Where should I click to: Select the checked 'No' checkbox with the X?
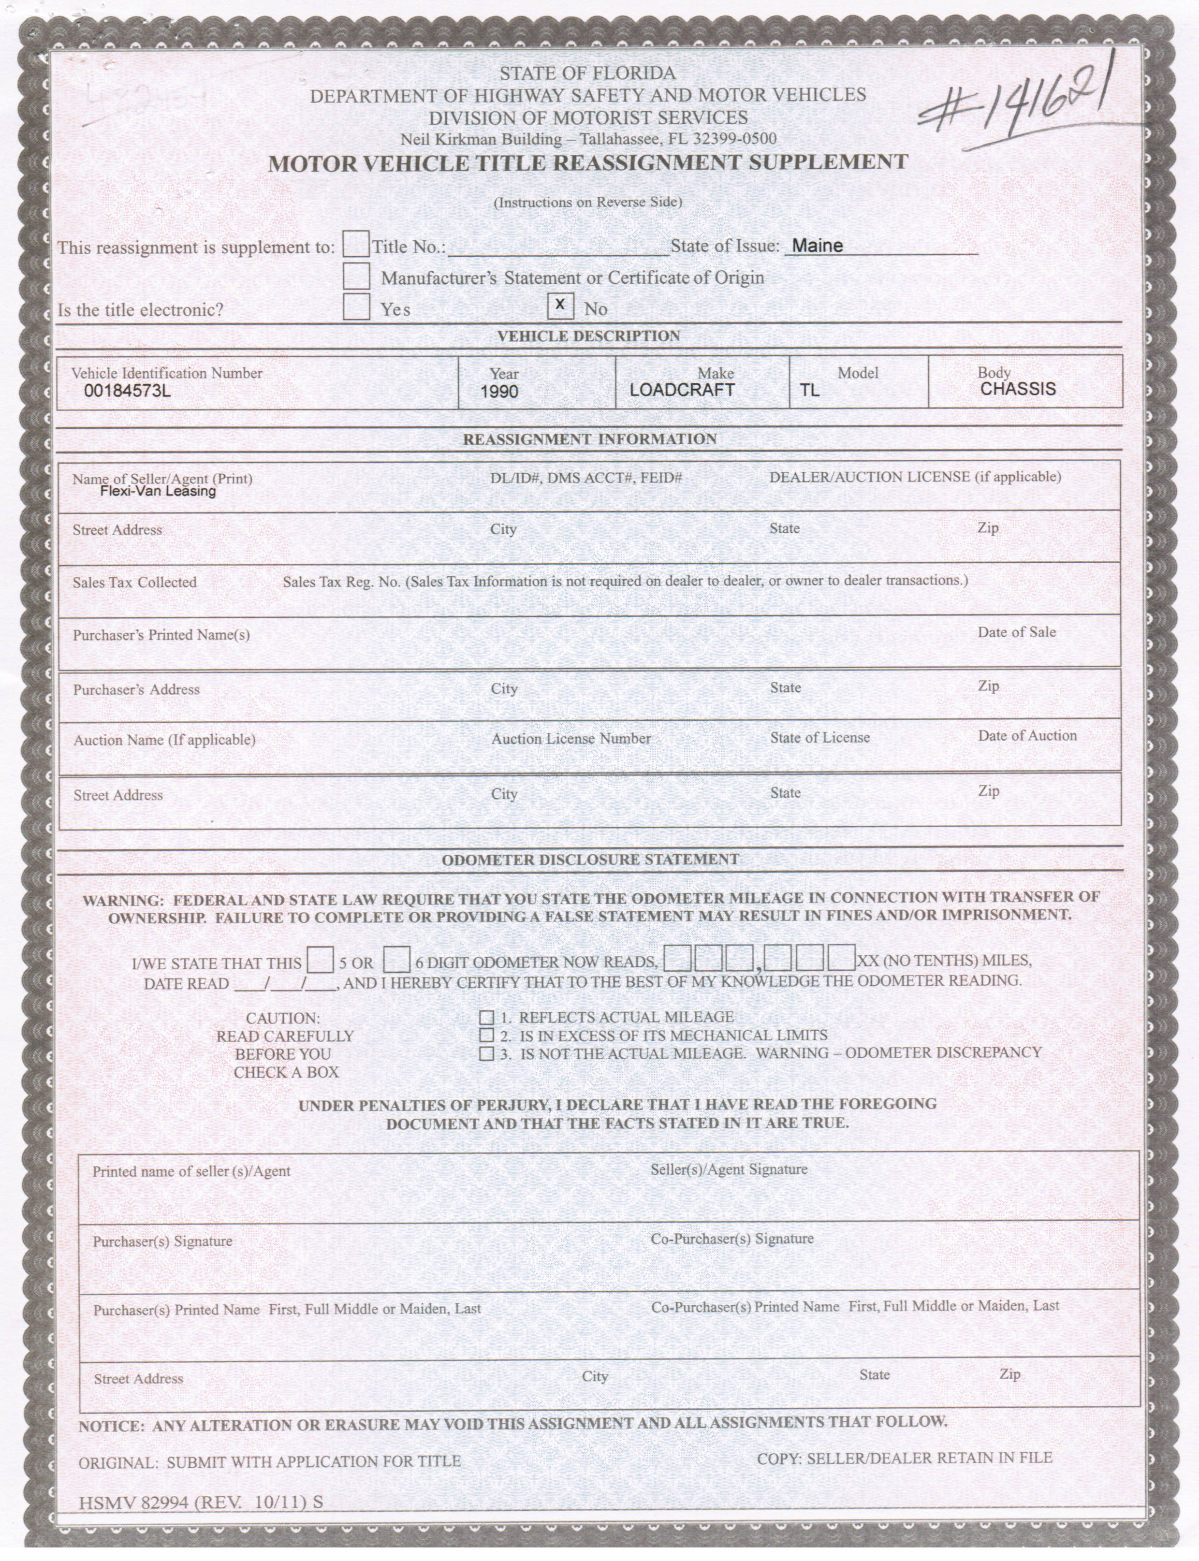[560, 306]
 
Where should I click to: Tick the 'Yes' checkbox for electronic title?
[356, 307]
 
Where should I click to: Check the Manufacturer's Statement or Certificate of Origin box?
[356, 276]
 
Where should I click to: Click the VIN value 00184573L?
[127, 391]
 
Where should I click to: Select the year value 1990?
[499, 392]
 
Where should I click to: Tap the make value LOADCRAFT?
[682, 390]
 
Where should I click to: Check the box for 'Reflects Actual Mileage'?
[487, 1017]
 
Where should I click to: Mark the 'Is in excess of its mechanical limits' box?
[487, 1035]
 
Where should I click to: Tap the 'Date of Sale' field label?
[1016, 632]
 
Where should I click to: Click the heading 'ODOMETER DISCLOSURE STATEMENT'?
[590, 860]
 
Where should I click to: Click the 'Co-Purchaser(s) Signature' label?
[731, 1239]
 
